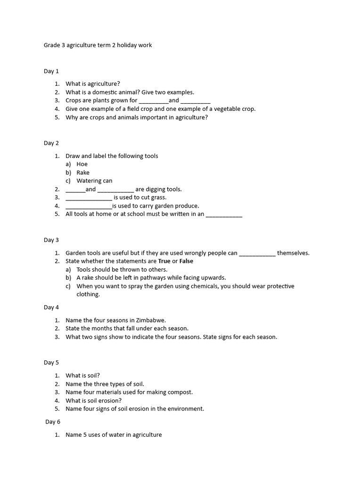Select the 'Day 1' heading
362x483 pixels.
tap(51, 71)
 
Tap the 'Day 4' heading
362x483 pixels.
tap(51, 307)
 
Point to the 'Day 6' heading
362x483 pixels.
tap(53, 422)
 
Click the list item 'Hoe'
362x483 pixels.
tap(82, 164)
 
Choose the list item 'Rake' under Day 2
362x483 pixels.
tap(83, 173)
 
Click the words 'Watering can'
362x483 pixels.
tap(94, 181)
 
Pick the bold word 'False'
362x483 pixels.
tap(186, 261)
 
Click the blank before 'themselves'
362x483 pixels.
tap(257, 253)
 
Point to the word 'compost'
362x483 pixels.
tap(181, 392)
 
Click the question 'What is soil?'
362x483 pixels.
tap(82, 375)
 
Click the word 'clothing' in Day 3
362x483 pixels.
tap(88, 294)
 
